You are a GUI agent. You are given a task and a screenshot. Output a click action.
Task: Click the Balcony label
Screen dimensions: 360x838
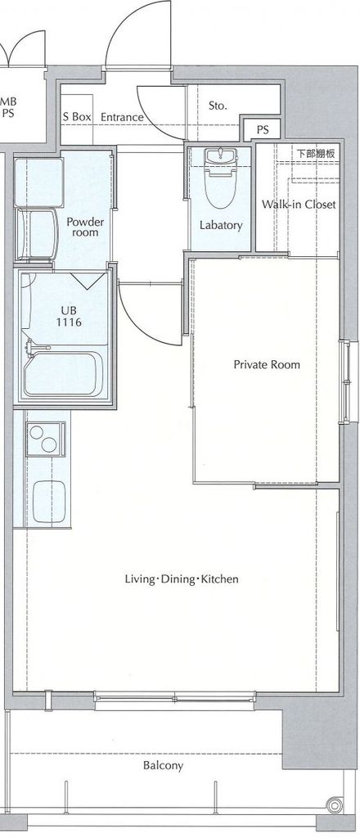[x=163, y=765]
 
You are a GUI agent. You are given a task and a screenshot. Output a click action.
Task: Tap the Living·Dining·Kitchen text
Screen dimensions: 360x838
[x=182, y=579]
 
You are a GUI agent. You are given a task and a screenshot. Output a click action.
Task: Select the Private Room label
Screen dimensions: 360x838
[x=267, y=364]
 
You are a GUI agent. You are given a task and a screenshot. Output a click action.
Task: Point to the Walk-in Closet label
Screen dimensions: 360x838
[x=299, y=204]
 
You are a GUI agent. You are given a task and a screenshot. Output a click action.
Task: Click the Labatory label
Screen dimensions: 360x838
[x=221, y=225]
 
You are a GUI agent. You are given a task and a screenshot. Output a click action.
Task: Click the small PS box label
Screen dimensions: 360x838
[x=263, y=130]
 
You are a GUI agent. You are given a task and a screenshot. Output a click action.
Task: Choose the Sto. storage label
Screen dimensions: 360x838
[x=218, y=106]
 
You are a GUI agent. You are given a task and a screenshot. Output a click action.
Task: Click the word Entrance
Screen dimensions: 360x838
[x=122, y=117]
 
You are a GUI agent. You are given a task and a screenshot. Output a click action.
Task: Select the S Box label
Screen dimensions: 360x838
[x=77, y=117]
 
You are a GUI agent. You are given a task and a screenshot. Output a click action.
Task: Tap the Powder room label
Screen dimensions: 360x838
[x=85, y=228]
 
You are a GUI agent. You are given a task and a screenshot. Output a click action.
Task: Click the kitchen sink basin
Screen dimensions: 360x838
[x=49, y=502]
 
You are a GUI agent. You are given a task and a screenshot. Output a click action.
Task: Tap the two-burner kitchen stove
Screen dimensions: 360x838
[x=47, y=439]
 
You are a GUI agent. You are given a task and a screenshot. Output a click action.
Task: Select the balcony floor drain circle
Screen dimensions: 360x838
[x=335, y=804]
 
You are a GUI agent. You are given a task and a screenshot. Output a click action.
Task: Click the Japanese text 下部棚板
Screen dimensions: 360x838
[x=316, y=154]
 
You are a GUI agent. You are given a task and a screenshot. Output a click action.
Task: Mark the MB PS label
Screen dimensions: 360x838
[x=8, y=106]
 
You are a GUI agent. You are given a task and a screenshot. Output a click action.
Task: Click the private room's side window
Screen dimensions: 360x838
[x=347, y=381]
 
